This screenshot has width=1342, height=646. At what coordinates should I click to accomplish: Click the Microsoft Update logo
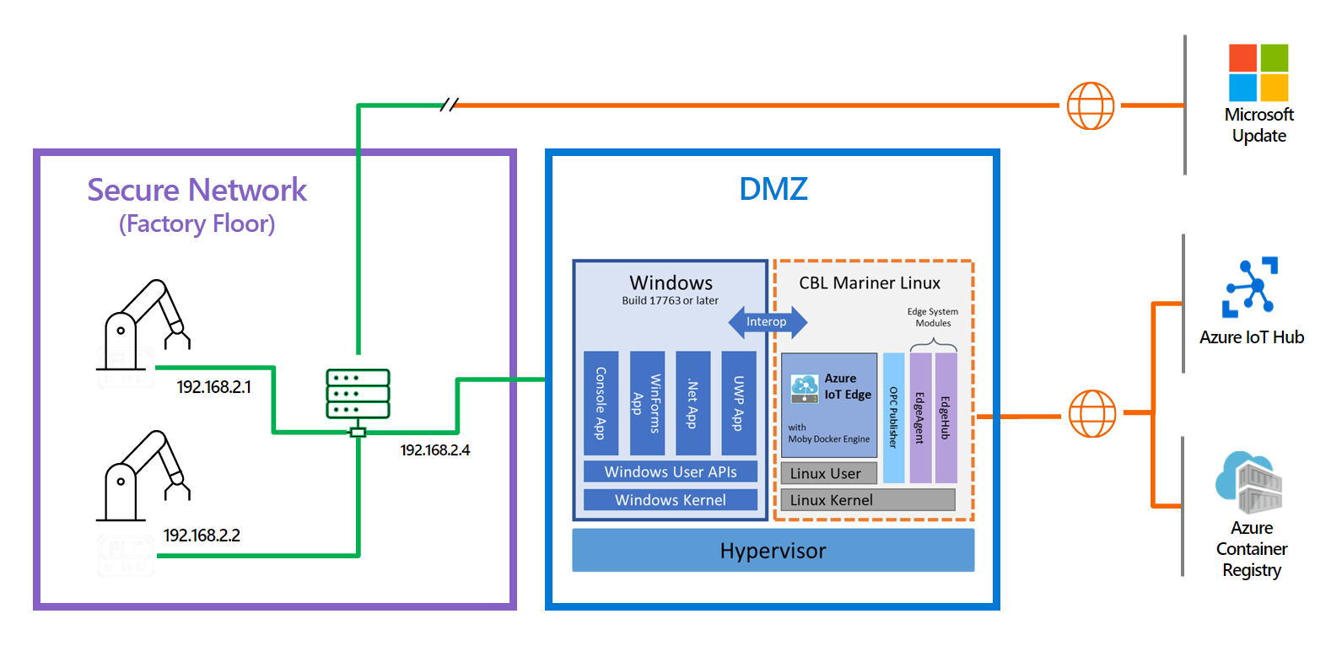(1258, 73)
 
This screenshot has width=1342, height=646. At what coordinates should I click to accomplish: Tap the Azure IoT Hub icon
(1251, 287)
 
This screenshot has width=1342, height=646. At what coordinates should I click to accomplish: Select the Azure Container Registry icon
(1249, 482)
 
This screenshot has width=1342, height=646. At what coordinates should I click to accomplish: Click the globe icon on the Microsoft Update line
(1091, 105)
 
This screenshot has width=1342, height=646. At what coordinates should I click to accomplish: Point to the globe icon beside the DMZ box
(1092, 413)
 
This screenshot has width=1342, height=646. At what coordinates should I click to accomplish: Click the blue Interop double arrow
(768, 321)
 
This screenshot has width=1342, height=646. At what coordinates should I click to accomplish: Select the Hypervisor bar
(773, 551)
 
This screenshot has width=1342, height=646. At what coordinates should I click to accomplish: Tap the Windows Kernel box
(671, 500)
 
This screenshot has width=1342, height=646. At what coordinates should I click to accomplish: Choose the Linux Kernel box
(868, 500)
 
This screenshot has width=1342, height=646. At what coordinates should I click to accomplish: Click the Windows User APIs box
(671, 471)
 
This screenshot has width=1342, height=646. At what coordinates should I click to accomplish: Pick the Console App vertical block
(601, 403)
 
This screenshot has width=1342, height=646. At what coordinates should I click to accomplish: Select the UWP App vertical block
(739, 403)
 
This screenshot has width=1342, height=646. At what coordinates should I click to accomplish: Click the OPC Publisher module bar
(894, 417)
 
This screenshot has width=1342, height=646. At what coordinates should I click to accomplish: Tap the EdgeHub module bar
(946, 417)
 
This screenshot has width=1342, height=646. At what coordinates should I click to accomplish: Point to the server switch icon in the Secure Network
(358, 394)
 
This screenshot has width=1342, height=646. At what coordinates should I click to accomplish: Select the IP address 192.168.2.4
(435, 450)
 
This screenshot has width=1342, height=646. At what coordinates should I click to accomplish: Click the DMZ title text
(773, 189)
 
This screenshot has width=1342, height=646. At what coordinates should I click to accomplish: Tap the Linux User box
(829, 473)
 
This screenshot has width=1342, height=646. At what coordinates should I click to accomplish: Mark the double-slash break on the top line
(450, 105)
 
